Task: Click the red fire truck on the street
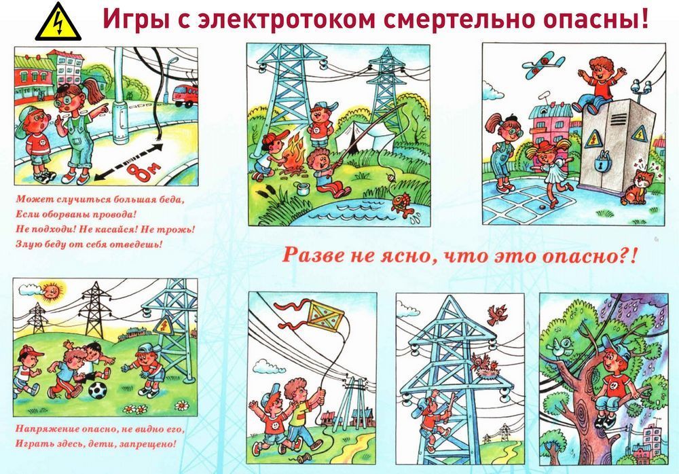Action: [x=186, y=95]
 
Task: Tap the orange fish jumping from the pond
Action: [x=402, y=205]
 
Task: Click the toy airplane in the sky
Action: [x=543, y=65]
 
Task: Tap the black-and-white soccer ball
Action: [x=97, y=390]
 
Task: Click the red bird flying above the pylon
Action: [x=497, y=314]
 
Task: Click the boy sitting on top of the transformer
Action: [x=598, y=84]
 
